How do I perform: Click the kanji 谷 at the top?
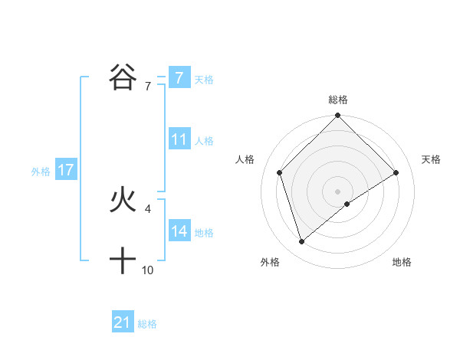coord(123,77)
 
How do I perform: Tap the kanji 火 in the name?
coord(123,201)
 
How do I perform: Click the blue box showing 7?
coord(179,78)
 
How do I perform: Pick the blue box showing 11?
coord(179,139)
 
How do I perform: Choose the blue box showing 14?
coord(179,231)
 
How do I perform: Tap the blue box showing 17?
coord(65,170)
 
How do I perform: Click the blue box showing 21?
coord(122,322)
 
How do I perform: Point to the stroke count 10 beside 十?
coord(147,270)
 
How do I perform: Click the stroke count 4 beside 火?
coord(147,208)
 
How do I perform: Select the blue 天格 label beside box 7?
coord(204,79)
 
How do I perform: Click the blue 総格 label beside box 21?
coord(147,324)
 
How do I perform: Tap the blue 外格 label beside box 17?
coord(41,172)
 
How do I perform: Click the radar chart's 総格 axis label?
coord(338,100)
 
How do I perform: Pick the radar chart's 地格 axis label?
coord(402,262)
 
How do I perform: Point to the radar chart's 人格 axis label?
coord(245,159)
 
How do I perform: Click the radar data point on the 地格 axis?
coord(347,204)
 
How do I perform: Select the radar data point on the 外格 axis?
coord(302,242)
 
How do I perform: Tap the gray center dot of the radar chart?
coord(338,191)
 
